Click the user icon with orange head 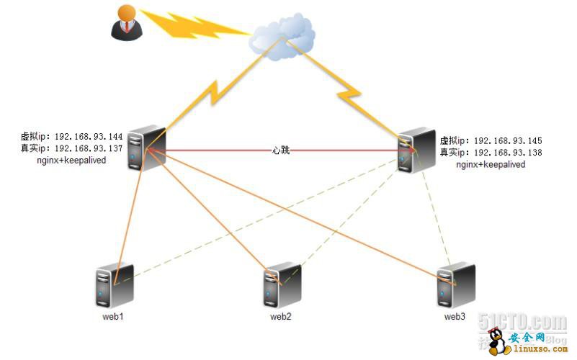(x=126, y=22)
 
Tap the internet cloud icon (x=283, y=36)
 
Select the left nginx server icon (x=147, y=148)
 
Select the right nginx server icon (x=416, y=151)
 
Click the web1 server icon (x=114, y=287)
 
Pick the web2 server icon (x=282, y=287)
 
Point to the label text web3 (x=455, y=316)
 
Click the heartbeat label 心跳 (x=281, y=150)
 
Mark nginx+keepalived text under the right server (x=491, y=165)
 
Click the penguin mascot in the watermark (x=496, y=342)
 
